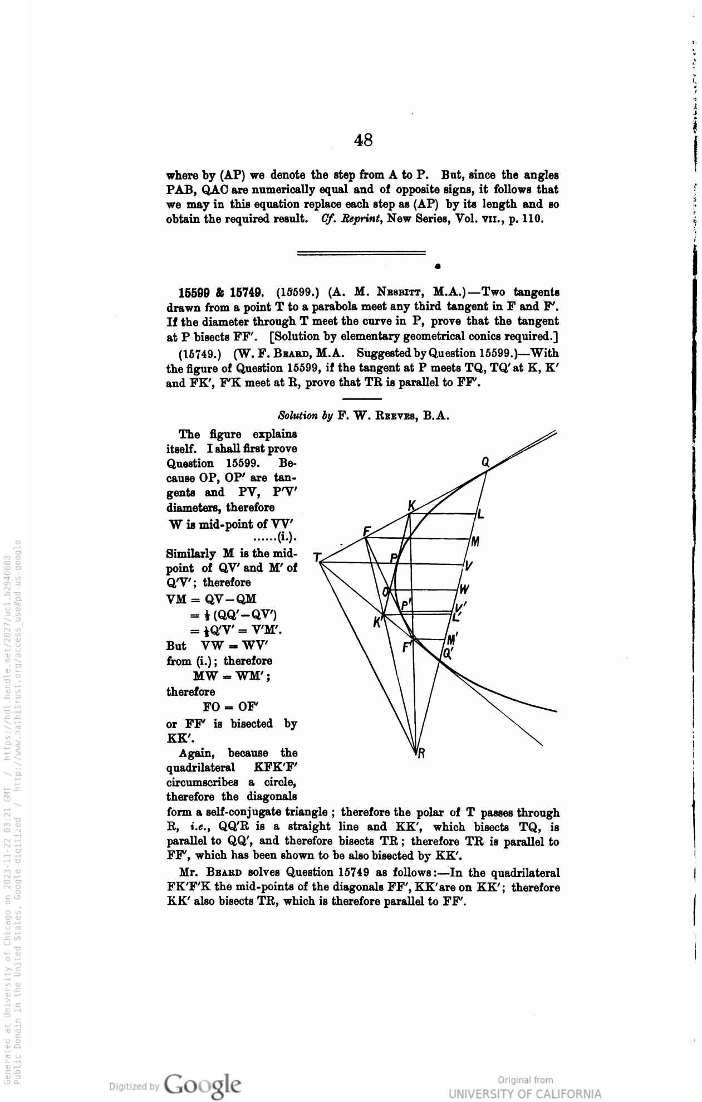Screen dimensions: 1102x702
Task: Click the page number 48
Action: (363, 140)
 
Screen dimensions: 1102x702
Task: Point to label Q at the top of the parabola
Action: (485, 462)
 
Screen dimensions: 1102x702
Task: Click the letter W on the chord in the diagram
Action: (464, 589)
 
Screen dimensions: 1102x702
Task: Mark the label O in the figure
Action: (385, 592)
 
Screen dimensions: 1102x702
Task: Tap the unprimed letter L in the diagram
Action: (480, 515)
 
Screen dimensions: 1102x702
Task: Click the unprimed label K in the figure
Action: (411, 506)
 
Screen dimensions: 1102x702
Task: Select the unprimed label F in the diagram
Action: (367, 531)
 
